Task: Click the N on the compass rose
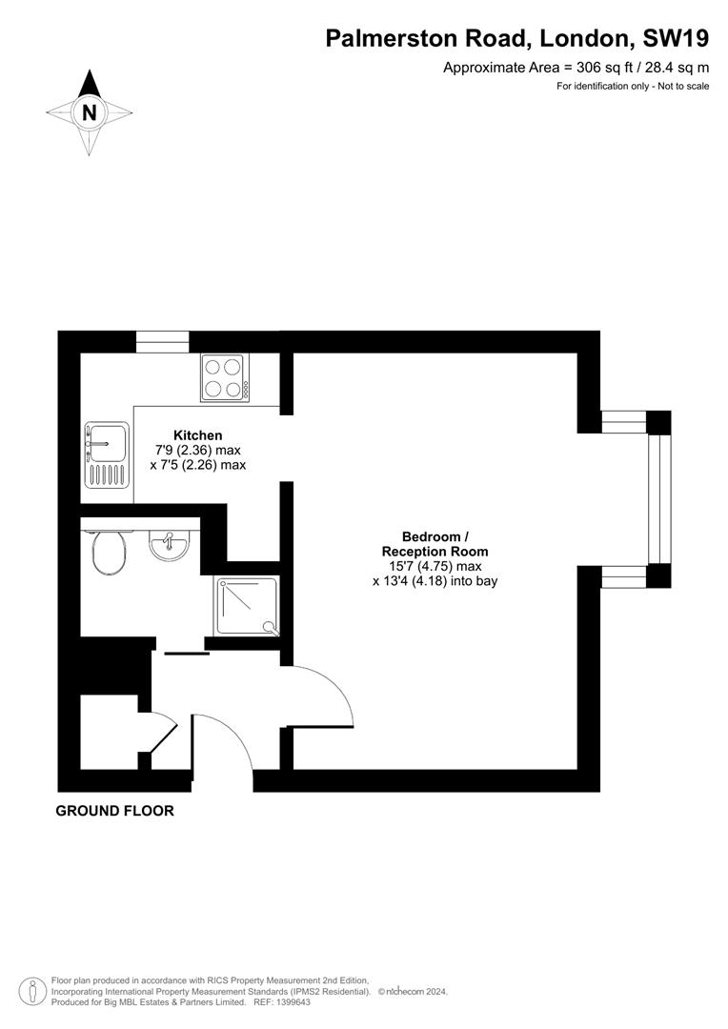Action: coord(90,112)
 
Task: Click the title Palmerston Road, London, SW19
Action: coord(517,38)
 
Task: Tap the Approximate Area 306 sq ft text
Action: coord(576,68)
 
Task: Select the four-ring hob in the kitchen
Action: coord(225,377)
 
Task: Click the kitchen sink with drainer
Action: coord(106,455)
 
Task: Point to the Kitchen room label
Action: coord(197,435)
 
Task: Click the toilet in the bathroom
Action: coord(110,553)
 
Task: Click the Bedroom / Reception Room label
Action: coord(435,544)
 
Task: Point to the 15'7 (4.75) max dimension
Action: coord(435,566)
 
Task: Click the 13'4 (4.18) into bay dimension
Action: coord(435,580)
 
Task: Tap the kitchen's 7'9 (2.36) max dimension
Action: coord(198,451)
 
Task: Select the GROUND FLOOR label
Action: coord(115,811)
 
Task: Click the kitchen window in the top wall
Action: coord(162,341)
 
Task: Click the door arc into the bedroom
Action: coord(324,691)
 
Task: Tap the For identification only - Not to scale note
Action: coord(633,87)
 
